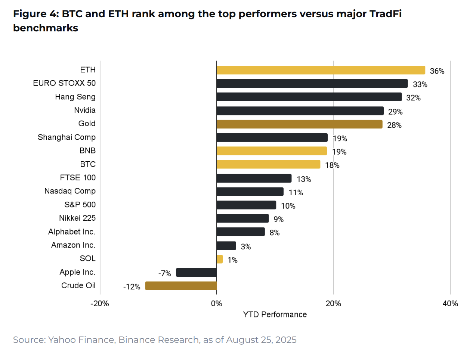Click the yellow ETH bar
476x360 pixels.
pos(321,70)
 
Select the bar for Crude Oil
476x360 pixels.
pos(181,286)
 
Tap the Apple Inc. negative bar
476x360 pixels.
pos(196,273)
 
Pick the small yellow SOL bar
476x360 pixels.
pos(220,259)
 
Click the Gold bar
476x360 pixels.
pos(299,124)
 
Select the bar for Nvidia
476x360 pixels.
pos(300,111)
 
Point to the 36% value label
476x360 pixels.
pos(437,71)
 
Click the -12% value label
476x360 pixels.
pos(132,287)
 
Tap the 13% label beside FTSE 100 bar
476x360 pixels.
pos(304,179)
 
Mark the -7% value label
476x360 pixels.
pos(164,273)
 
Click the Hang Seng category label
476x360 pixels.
pos(75,97)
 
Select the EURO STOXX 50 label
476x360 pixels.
pos(64,83)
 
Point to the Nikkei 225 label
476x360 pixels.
pos(77,218)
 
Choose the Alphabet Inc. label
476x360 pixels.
pos(72,232)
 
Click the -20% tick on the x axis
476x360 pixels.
pos(100,304)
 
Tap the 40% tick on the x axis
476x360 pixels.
pos(450,304)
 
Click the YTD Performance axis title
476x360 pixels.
pos(275,314)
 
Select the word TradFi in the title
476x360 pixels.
pos(385,14)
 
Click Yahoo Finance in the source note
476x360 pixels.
pos(81,340)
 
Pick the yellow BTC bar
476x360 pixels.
pos(268,164)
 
